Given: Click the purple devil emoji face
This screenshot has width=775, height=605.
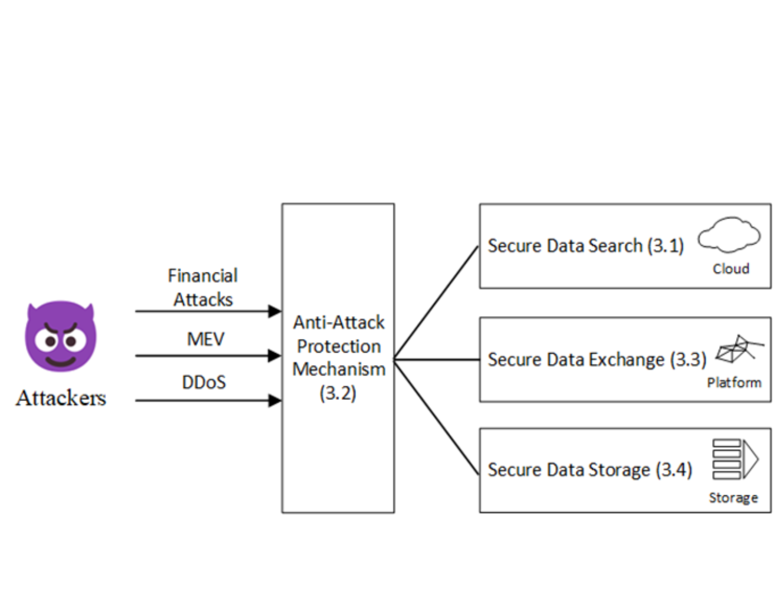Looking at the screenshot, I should pyautogui.click(x=61, y=337).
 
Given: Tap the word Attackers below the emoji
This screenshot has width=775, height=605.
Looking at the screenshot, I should pyautogui.click(x=61, y=398).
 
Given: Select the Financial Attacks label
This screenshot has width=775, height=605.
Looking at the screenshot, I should pyautogui.click(x=203, y=287).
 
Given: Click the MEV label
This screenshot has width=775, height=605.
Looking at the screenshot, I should pyautogui.click(x=206, y=339).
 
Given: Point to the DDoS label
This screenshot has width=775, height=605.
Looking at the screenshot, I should pyautogui.click(x=204, y=382).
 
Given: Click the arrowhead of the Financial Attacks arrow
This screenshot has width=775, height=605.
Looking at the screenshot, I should pyautogui.click(x=275, y=311).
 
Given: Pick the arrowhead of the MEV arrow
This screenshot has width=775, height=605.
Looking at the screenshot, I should pyautogui.click(x=275, y=356).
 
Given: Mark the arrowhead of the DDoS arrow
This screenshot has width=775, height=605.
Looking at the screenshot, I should pyautogui.click(x=275, y=401).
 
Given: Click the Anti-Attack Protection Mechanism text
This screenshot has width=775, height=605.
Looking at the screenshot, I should pyautogui.click(x=339, y=346).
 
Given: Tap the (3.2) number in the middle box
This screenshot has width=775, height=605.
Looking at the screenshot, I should pyautogui.click(x=338, y=393).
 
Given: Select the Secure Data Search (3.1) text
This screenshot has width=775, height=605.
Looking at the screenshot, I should pyautogui.click(x=585, y=245).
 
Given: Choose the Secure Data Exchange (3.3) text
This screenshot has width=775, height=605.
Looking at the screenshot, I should pyautogui.click(x=596, y=360).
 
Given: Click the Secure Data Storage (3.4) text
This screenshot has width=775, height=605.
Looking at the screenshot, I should pyautogui.click(x=589, y=470).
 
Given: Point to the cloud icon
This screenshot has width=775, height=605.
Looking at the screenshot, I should pyautogui.click(x=729, y=236).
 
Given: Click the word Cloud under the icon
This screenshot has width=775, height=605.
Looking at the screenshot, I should pyautogui.click(x=731, y=269).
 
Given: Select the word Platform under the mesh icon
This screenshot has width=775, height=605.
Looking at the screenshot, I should pyautogui.click(x=734, y=383).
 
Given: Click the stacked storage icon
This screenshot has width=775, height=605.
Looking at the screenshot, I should pyautogui.click(x=734, y=459).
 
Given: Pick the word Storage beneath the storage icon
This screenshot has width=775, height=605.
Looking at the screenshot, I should pyautogui.click(x=733, y=498).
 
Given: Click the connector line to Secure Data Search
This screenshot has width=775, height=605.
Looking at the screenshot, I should pyautogui.click(x=436, y=302).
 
